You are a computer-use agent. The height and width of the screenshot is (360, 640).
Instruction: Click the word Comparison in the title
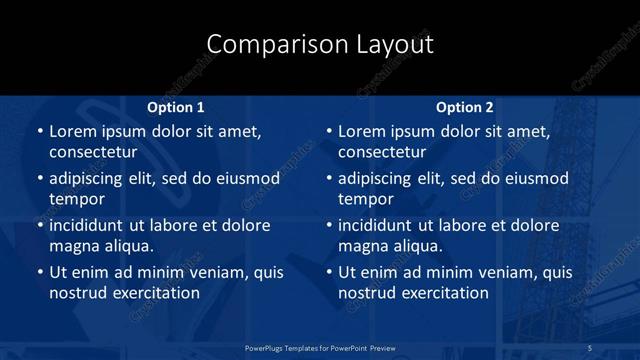(x=263, y=44)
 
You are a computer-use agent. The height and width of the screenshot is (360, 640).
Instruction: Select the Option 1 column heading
(x=176, y=106)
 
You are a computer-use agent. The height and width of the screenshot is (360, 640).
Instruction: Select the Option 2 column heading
(x=465, y=106)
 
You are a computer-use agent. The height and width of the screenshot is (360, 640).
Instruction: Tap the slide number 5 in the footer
(x=590, y=347)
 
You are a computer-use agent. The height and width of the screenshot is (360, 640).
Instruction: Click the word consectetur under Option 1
(x=97, y=152)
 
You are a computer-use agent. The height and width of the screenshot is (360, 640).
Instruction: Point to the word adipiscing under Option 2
(x=376, y=179)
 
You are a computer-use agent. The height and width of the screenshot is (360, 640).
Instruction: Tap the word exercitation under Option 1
(x=154, y=292)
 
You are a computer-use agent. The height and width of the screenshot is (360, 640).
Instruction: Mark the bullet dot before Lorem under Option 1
(x=39, y=132)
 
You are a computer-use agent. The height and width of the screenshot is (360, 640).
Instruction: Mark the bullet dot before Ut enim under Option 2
(x=329, y=272)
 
